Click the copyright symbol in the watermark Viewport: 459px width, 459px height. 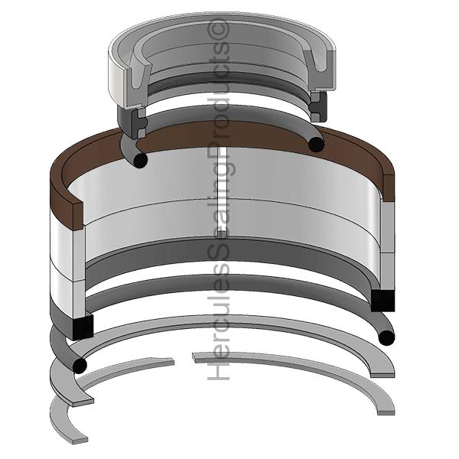pos(218,29)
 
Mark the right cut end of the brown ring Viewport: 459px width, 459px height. pos(388,187)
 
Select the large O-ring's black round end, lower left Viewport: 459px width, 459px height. pos(79,365)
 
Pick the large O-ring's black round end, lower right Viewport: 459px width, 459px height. pos(386,337)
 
